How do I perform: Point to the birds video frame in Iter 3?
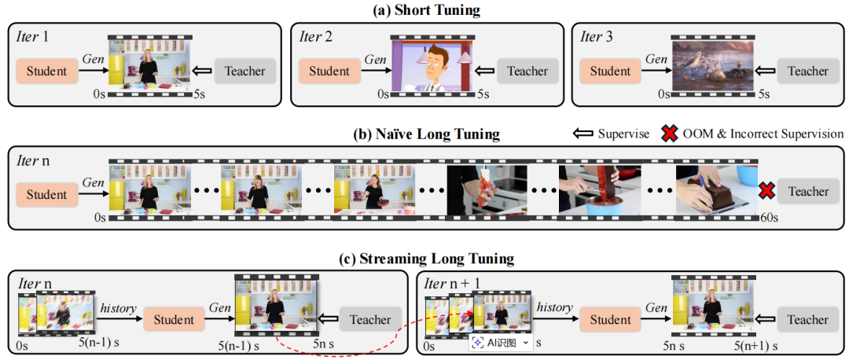click(711, 68)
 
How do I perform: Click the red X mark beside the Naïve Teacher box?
click(767, 192)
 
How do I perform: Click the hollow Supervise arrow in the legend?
click(583, 134)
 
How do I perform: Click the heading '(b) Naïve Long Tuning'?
click(425, 134)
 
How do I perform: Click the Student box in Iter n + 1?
click(611, 319)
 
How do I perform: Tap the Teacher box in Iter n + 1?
click(807, 319)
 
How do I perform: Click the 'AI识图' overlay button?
click(500, 343)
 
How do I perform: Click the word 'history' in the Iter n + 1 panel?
click(555, 307)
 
